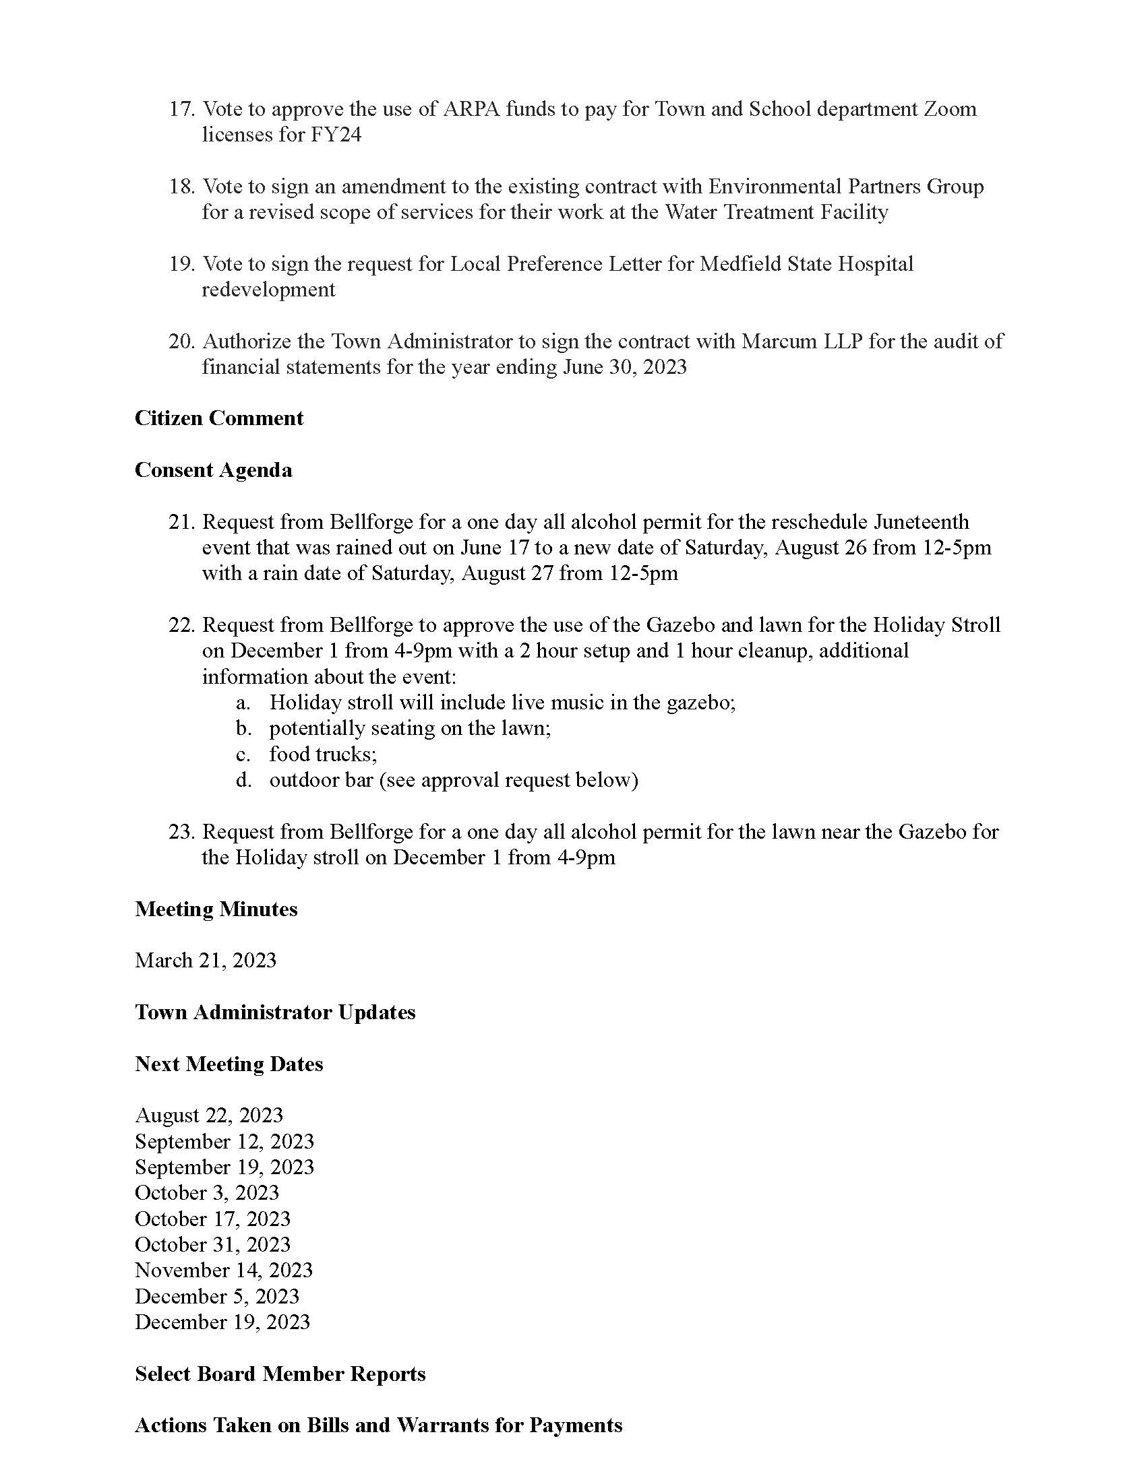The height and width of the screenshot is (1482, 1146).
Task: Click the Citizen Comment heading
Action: pos(218,418)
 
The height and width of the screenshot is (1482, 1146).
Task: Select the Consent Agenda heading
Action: pos(213,470)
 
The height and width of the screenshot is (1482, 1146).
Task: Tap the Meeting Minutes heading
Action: pos(216,909)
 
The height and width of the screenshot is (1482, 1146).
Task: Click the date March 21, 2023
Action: pos(206,960)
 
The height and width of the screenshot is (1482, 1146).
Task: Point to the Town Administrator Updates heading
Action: pos(275,1012)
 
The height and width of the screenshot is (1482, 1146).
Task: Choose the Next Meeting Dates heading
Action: pos(229,1064)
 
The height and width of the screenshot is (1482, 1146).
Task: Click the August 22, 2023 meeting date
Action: pos(208,1115)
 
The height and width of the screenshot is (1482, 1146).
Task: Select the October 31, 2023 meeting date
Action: pos(212,1244)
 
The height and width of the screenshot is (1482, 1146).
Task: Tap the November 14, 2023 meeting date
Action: pos(223,1270)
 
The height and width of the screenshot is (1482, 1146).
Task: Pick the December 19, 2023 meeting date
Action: pos(222,1322)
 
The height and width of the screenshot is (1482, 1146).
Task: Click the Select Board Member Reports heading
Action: pos(280,1374)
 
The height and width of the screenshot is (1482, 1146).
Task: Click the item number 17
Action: pos(181,109)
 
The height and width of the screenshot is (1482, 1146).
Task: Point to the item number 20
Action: pos(181,342)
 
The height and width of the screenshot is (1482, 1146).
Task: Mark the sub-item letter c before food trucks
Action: pos(243,754)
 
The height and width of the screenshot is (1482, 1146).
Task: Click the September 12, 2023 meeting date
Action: pos(224,1141)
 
